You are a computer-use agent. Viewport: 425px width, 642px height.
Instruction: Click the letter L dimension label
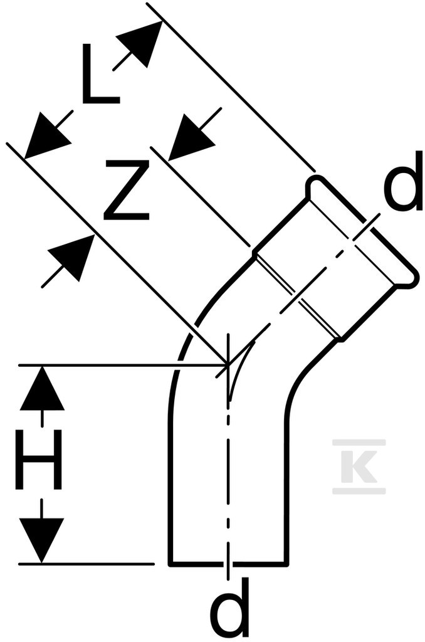click(x=100, y=74)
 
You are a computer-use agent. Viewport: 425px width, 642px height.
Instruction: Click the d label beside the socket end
click(x=403, y=181)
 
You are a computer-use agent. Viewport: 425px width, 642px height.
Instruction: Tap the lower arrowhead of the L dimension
click(x=46, y=135)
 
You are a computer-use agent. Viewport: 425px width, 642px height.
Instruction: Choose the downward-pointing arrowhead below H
click(x=42, y=540)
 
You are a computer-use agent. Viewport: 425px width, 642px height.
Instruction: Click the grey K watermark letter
click(x=359, y=466)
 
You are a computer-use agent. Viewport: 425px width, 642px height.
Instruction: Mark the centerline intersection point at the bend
click(x=228, y=364)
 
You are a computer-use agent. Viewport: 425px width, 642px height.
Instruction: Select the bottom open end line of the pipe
click(x=229, y=564)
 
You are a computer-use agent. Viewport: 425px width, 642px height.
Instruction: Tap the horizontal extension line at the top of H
click(x=123, y=364)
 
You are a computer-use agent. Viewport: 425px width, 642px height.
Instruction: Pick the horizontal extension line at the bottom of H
click(x=87, y=564)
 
